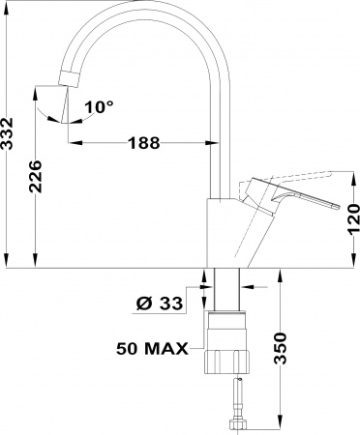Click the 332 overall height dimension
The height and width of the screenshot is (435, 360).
click(x=7, y=133)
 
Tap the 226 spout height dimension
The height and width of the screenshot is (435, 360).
click(x=36, y=176)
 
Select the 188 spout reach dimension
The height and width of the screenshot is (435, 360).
click(x=144, y=143)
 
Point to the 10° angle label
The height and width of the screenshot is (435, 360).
click(x=99, y=106)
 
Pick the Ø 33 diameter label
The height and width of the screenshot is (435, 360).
click(x=159, y=304)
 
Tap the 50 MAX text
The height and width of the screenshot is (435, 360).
click(x=152, y=348)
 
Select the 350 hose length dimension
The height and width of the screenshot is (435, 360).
click(x=281, y=348)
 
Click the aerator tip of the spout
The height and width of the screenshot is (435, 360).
click(x=69, y=79)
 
